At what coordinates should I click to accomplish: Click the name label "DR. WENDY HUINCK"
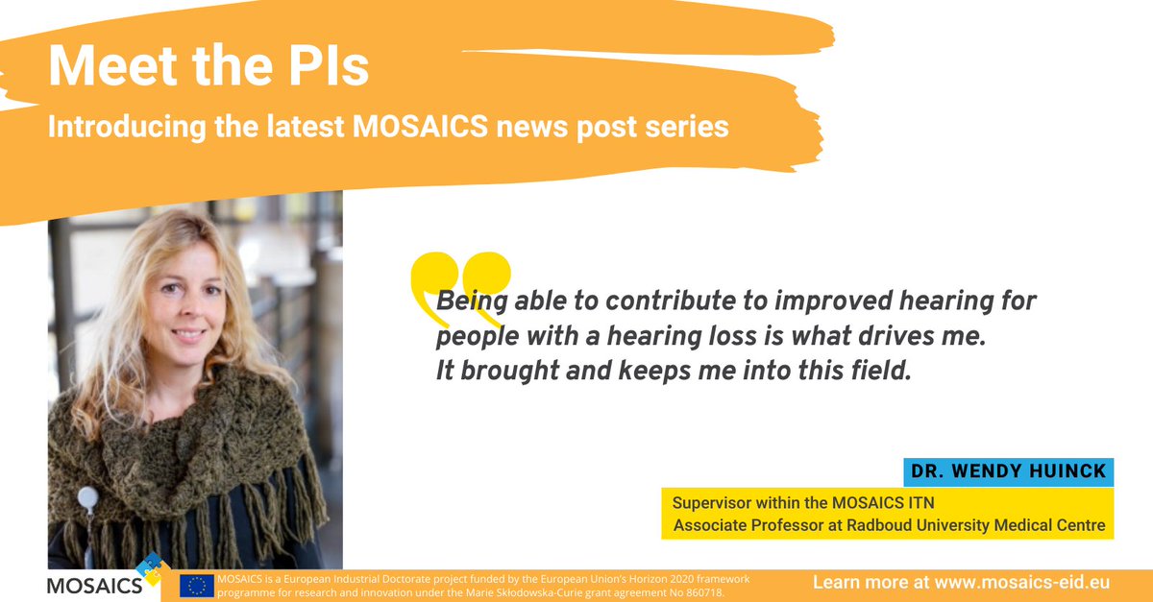pos(1007,472)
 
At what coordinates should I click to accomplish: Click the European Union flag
pos(197,587)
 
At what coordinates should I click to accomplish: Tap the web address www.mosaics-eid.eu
pos(1034,583)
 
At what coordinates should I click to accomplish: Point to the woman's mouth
pos(188,335)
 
